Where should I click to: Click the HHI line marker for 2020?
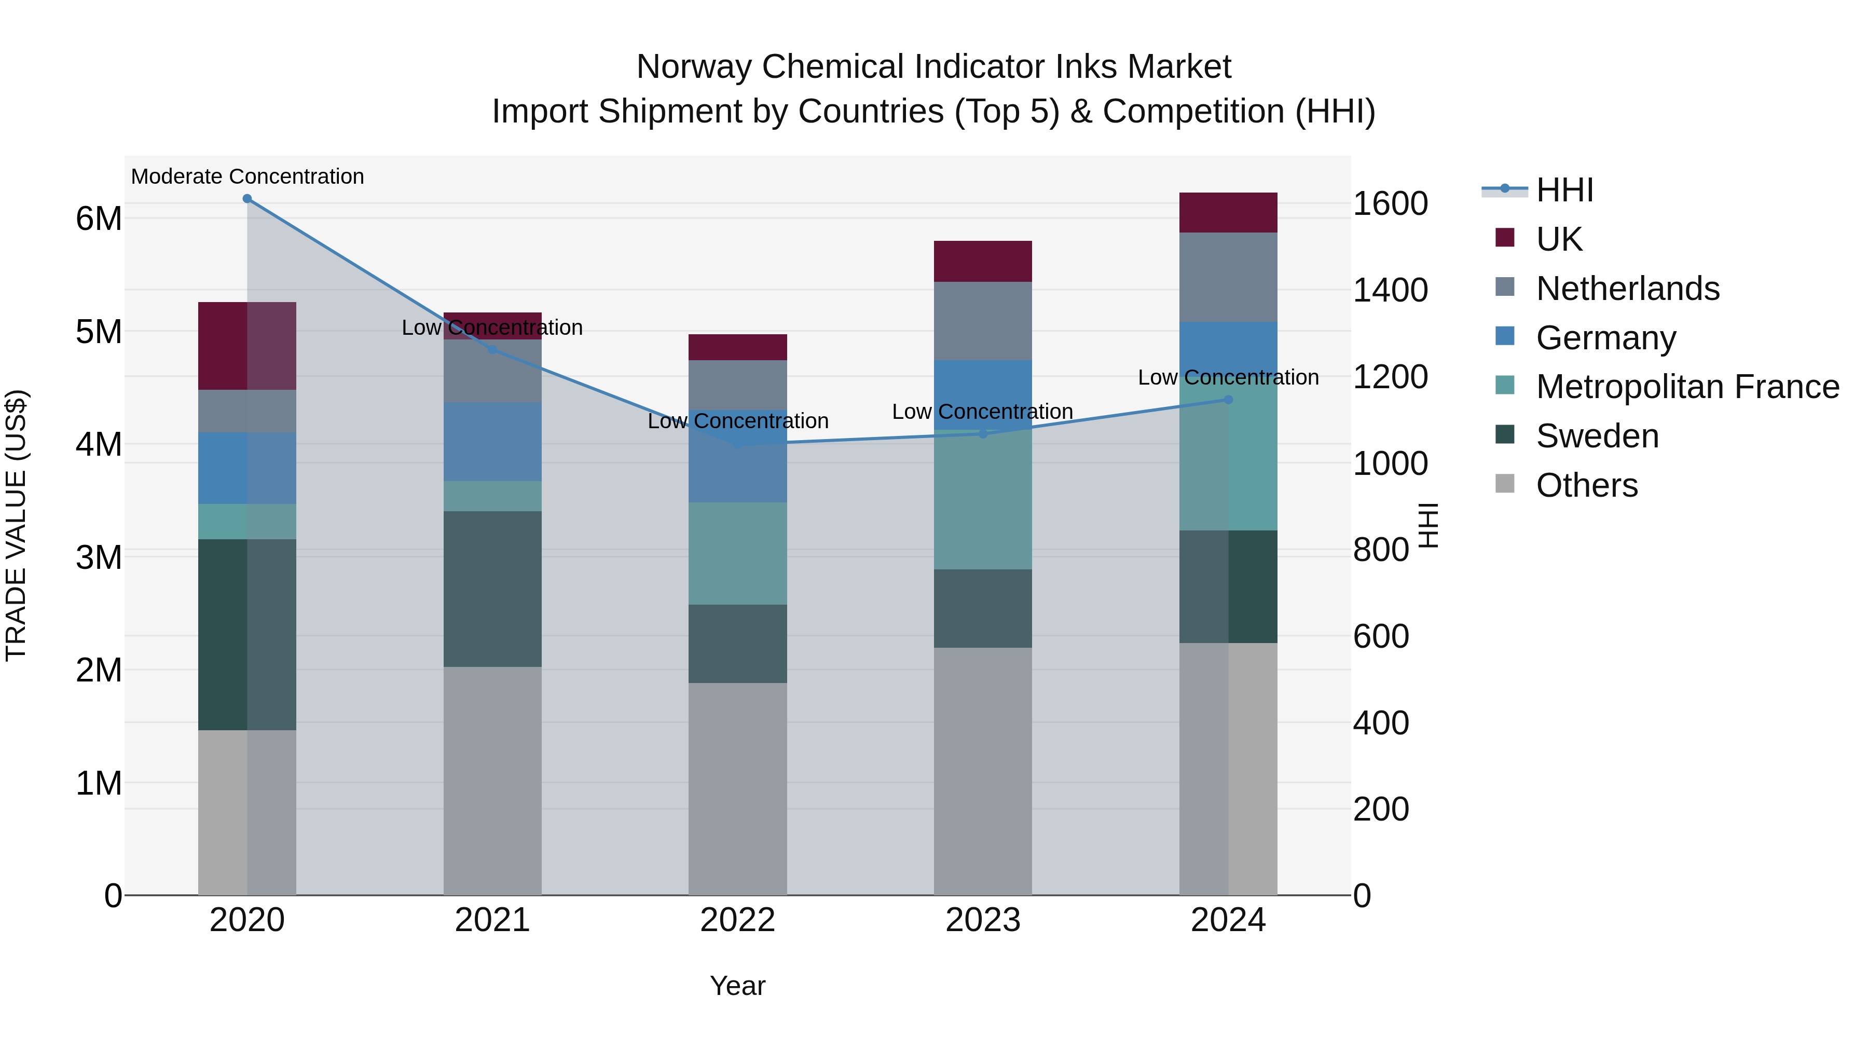pos(248,199)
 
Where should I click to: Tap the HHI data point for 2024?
pos(1228,400)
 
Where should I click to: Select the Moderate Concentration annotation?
pos(248,177)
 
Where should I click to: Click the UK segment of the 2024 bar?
pos(1228,212)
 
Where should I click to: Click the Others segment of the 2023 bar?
pos(983,771)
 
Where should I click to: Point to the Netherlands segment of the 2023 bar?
pos(983,321)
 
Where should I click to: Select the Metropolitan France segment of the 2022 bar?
pos(737,553)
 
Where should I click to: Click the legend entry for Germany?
pos(1605,338)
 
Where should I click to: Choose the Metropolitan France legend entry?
pos(1687,387)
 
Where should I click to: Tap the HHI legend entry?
pos(1564,190)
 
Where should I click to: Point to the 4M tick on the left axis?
pos(99,445)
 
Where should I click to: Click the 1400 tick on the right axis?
pos(1390,290)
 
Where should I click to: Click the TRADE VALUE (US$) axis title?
pos(16,525)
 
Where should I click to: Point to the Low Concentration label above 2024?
pos(1228,378)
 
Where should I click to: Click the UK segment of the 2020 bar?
pos(248,346)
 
